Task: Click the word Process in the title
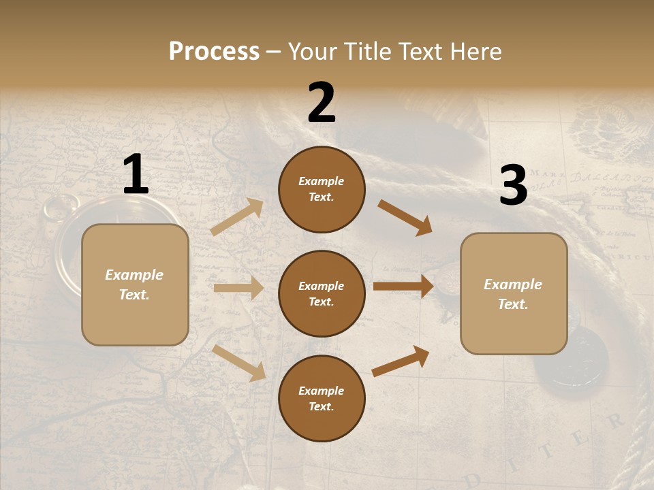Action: click(x=214, y=52)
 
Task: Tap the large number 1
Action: click(x=135, y=176)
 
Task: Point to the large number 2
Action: click(x=322, y=103)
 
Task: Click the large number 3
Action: click(x=513, y=186)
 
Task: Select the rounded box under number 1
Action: click(x=135, y=284)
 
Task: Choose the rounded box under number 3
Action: click(x=514, y=293)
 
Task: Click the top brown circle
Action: click(x=322, y=189)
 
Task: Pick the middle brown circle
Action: click(x=322, y=293)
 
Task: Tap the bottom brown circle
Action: click(x=322, y=398)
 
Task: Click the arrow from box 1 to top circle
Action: click(x=237, y=216)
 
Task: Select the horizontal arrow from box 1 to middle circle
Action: click(x=238, y=288)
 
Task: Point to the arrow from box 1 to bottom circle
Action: click(x=239, y=362)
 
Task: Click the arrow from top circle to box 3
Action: click(x=405, y=217)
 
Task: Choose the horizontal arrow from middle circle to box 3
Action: click(x=403, y=287)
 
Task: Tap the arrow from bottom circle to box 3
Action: click(x=401, y=361)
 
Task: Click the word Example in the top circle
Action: click(x=322, y=181)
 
